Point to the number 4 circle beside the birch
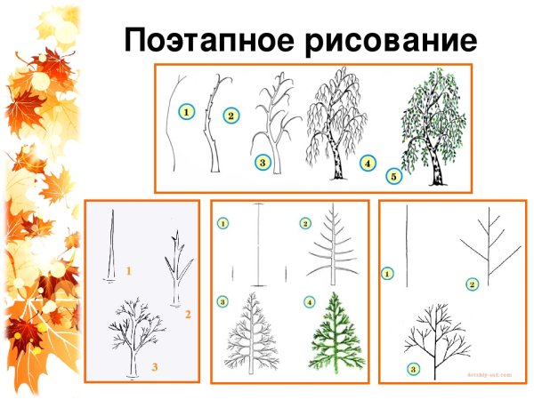[x=367, y=164]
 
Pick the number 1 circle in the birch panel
[x=185, y=112]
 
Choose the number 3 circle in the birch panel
[x=262, y=163]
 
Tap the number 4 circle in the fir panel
[x=309, y=301]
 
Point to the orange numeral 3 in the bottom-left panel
[x=154, y=366]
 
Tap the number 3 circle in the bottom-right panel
[x=412, y=368]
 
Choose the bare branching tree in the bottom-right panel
[x=435, y=337]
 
